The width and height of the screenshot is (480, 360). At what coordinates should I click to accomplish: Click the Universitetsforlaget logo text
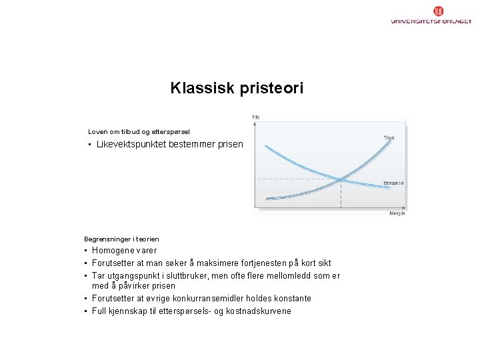431,21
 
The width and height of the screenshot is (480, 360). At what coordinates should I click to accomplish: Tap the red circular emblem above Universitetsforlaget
439,11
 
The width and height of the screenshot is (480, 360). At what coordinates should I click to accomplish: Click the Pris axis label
256,117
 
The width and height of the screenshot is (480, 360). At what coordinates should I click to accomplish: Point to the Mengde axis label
397,213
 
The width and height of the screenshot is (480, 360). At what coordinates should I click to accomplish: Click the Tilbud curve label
388,138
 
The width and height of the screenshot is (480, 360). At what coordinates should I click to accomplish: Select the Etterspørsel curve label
393,183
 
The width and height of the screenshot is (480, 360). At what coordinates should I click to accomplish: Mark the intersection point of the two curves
341,179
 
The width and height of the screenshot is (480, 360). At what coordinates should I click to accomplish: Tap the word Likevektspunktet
131,145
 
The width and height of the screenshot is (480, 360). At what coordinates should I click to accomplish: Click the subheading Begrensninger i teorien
121,239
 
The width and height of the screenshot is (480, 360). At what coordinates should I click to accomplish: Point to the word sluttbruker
177,275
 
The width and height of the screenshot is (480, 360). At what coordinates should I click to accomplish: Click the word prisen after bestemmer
228,145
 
